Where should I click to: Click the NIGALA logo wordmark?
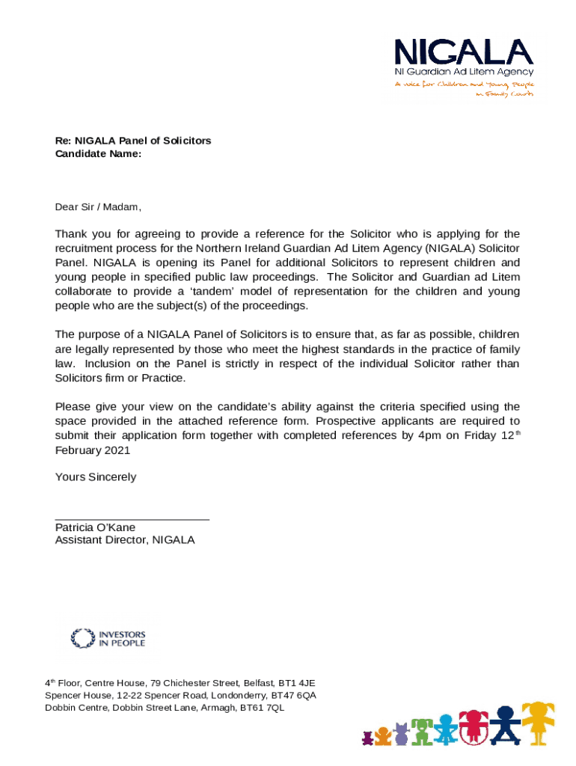tap(464, 52)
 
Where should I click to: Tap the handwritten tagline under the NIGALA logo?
tap(465, 89)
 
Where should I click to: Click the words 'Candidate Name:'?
tap(98, 153)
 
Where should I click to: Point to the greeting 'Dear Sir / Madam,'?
tap(98, 207)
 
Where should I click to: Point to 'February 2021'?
tap(93, 450)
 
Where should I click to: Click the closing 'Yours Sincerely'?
tap(96, 477)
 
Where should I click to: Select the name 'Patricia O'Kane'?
tap(95, 527)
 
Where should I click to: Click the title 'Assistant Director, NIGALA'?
tap(125, 540)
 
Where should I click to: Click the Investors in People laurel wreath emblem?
tap(82, 638)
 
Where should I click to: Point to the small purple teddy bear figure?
tap(367, 738)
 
